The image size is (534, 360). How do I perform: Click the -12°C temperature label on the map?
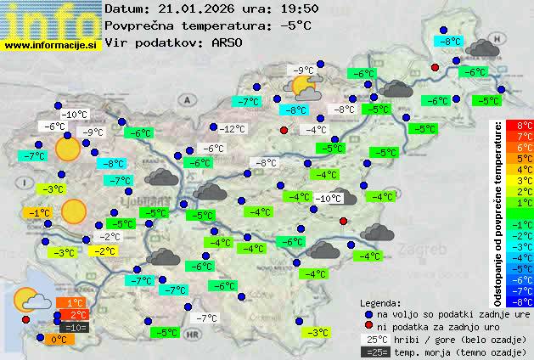(x=232, y=129)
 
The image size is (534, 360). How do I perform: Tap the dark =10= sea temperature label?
(x=75, y=327)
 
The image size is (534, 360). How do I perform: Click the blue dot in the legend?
(x=368, y=313)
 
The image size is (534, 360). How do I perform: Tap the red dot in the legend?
(x=368, y=325)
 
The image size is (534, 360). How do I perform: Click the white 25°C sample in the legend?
(x=374, y=339)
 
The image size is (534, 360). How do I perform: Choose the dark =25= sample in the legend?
(x=374, y=352)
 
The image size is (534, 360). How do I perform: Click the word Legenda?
(x=380, y=302)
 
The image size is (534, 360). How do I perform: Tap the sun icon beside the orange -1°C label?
(x=74, y=211)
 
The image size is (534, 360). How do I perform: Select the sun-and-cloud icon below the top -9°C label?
(x=304, y=87)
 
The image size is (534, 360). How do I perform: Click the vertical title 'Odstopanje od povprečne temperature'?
(x=498, y=213)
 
